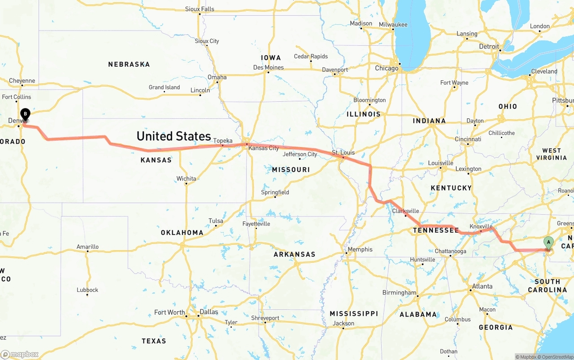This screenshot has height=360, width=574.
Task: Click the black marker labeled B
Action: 26,114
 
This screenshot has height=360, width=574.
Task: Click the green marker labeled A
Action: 548,242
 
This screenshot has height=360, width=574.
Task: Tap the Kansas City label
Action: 264,148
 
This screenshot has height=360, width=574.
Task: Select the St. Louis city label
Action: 344,152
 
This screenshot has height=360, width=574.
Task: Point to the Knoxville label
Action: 482,226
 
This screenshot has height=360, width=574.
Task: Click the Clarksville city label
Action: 405,211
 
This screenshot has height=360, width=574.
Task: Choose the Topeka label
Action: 223,140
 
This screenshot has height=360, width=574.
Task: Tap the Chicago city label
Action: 387,68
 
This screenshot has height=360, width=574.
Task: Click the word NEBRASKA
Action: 129,65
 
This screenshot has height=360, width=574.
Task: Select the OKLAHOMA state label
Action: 182,233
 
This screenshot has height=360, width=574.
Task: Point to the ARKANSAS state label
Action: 295,254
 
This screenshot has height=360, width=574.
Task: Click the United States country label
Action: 174,136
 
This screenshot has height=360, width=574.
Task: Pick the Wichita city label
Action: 186,178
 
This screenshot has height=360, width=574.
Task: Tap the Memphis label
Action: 360,249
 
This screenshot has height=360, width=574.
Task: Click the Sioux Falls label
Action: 200,9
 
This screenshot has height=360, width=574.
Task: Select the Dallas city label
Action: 209,312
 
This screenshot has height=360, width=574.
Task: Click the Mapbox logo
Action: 20,354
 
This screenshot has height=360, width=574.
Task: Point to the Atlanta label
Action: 482,286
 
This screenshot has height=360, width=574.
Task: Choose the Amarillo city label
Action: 87,247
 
